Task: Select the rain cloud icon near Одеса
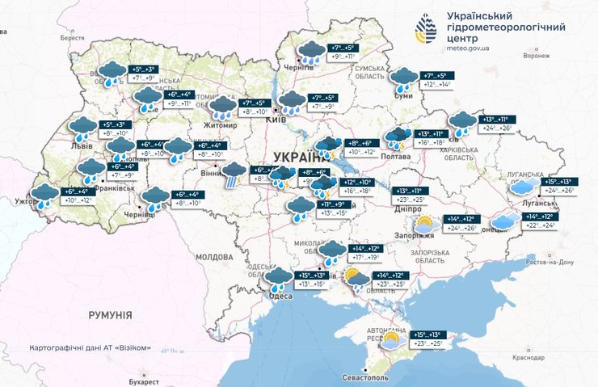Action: [280, 280]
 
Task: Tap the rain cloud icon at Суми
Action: [403, 80]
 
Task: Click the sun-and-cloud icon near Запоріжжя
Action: [423, 225]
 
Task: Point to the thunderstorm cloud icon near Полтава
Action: [397, 138]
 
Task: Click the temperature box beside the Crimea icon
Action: [432, 339]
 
